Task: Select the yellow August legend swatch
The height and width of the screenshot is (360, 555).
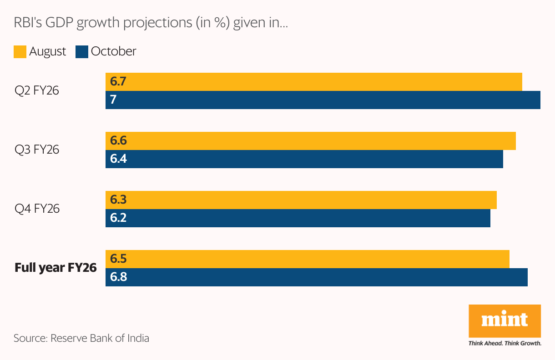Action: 20,51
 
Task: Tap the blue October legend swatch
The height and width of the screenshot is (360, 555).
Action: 82,51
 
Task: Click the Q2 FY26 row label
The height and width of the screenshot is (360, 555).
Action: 37,90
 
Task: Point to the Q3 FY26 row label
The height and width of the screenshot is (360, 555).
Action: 37,150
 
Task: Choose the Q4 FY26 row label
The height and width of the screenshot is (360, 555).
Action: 37,209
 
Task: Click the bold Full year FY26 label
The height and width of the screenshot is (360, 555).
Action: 55,268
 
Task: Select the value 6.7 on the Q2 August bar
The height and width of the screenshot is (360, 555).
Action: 118,82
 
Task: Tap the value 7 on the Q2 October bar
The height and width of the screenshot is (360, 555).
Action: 113,100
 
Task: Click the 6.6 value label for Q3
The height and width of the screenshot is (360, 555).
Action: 118,141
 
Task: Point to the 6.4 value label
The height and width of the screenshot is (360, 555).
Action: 118,159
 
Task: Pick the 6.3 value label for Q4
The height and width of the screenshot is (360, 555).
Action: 118,200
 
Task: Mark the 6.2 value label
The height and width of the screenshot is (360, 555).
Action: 118,218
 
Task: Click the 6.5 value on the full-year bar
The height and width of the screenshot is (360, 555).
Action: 118,259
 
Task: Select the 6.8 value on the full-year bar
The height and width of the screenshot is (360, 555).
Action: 118,277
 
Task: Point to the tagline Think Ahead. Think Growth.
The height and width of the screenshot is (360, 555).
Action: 505,343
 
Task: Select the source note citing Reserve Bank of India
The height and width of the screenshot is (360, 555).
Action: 81,338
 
